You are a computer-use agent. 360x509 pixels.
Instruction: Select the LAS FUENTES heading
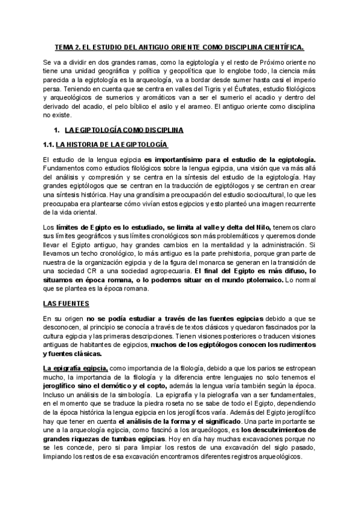66,304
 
